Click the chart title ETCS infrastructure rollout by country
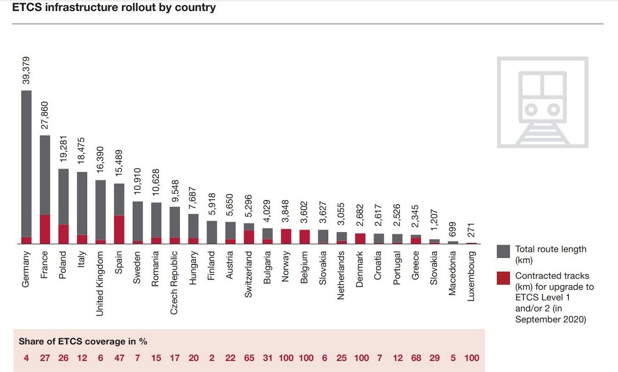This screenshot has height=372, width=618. click(113, 8)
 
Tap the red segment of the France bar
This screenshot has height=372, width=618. click(45, 229)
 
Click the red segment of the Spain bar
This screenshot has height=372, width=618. click(119, 229)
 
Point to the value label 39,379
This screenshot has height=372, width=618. click(26, 70)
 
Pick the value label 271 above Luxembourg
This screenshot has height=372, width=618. click(472, 229)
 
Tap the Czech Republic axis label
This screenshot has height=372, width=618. click(174, 282)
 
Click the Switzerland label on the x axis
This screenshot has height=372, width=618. click(249, 274)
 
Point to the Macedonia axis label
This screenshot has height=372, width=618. click(453, 273)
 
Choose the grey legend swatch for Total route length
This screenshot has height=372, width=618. click(503, 252)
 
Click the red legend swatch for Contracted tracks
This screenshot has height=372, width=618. click(503, 278)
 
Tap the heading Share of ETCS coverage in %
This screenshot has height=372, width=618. click(83, 342)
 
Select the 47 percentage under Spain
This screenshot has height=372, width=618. click(119, 358)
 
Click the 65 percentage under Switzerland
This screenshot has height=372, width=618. click(249, 358)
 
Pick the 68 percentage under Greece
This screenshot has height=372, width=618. click(416, 358)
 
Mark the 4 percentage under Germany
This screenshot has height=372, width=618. click(26, 358)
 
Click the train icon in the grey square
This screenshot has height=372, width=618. click(542, 102)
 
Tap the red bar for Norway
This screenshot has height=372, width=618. click(286, 236)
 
